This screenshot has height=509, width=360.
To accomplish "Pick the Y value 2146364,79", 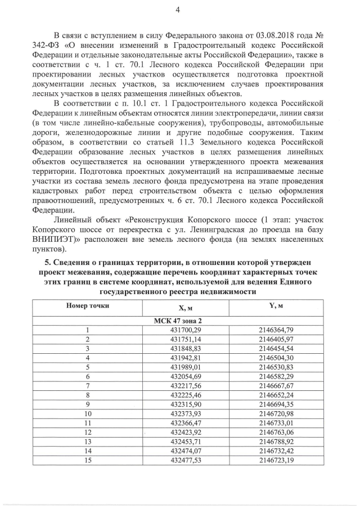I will (275, 330).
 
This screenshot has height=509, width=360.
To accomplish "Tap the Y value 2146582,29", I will (275, 376).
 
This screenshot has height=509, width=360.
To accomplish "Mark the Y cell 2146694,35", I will (275, 403).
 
